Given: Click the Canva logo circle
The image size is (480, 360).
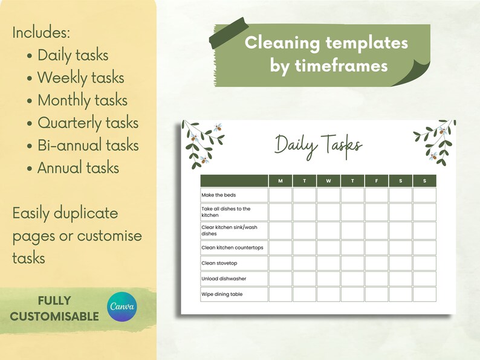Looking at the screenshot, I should click(122, 307).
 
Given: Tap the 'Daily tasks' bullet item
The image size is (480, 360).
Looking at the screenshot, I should click(73, 56).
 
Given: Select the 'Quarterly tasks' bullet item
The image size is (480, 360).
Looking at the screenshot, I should click(88, 123).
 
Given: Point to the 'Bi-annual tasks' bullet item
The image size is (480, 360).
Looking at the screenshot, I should click(88, 146).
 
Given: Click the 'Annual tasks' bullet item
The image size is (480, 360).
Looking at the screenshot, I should click(78, 168).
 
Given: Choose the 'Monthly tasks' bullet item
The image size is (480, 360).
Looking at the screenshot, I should click(82, 100).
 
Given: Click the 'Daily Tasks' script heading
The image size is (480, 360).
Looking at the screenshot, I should click(319, 145).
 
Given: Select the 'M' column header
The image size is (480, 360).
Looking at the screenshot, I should click(280, 181).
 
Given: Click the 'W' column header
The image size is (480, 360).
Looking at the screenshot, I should click(328, 181).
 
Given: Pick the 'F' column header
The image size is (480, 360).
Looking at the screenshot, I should click(376, 181).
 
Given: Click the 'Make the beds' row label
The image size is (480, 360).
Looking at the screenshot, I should click(219, 195).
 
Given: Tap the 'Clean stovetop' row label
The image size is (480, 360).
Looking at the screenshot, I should click(220, 263).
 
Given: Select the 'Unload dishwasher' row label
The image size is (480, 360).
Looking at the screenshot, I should click(224, 279).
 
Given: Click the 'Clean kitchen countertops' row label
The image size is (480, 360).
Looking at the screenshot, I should click(232, 248).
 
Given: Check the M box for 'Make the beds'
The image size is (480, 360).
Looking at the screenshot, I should click(280, 195).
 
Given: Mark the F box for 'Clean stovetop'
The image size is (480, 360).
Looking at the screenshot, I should click(376, 263).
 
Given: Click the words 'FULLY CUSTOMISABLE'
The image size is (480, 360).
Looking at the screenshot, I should click(54, 308).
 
